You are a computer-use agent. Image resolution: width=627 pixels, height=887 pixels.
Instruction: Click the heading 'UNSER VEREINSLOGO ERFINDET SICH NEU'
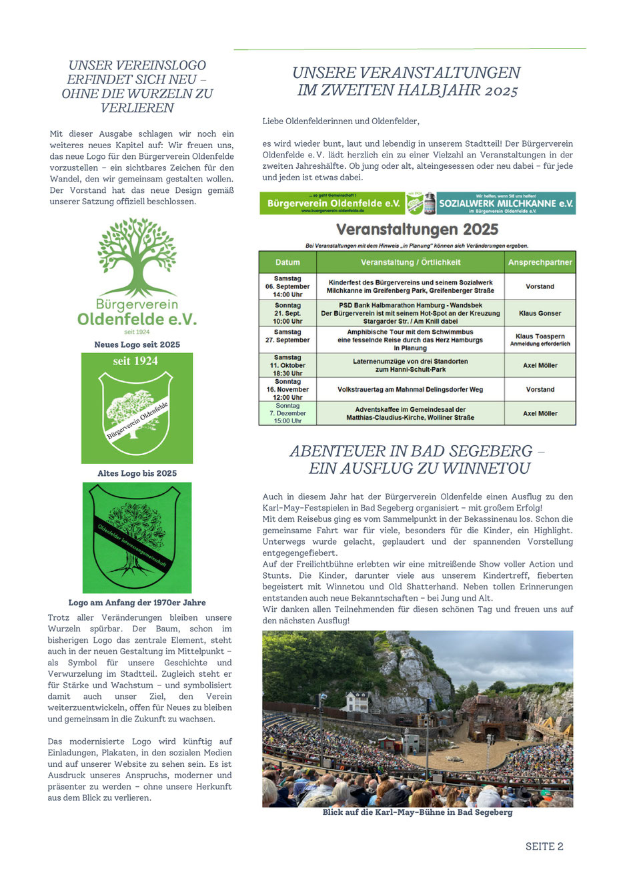[137, 86]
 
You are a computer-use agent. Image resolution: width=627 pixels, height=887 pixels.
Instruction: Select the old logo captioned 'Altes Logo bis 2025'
[137, 408]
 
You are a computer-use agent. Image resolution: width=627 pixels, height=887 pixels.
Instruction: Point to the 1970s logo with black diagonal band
[137, 537]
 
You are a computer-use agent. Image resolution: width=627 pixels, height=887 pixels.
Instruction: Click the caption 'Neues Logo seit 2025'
[137, 344]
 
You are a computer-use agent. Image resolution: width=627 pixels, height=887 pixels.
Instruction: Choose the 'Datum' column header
[287, 262]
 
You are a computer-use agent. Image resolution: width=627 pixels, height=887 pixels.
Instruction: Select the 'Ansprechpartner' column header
[540, 262]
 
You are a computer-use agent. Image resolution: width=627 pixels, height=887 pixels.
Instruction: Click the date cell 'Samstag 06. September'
[287, 286]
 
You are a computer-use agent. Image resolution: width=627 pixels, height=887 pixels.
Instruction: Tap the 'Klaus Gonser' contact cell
[540, 313]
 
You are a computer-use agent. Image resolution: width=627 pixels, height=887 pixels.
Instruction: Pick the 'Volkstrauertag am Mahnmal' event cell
[410, 389]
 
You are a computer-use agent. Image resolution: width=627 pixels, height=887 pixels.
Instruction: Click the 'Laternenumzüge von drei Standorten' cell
[410, 365]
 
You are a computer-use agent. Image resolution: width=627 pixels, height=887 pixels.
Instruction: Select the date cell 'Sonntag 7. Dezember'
[287, 413]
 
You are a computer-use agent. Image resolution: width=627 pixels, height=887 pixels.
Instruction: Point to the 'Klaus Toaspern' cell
[540, 339]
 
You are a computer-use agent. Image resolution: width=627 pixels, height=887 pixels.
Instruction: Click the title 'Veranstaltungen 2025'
[417, 230]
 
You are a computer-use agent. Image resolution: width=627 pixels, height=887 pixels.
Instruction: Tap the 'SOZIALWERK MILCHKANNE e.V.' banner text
[506, 203]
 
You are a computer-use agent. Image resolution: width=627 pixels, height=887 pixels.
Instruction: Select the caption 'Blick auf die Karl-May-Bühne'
[418, 812]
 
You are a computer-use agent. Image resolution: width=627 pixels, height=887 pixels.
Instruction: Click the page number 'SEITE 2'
[544, 846]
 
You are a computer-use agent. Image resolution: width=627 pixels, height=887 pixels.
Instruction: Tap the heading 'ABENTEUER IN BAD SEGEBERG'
[418, 459]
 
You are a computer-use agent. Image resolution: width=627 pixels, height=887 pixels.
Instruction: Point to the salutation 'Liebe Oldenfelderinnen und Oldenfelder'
[341, 121]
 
